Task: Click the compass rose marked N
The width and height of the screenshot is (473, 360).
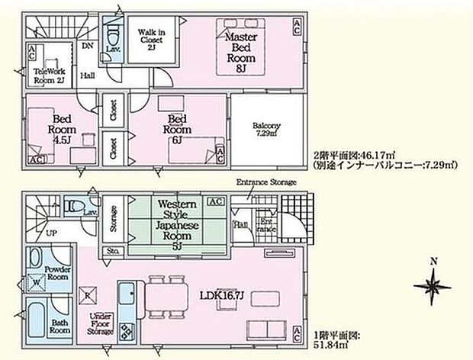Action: coord(432,286)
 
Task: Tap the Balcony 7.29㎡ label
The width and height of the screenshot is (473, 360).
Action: coord(267,130)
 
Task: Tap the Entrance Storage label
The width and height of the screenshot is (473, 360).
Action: coord(266,182)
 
